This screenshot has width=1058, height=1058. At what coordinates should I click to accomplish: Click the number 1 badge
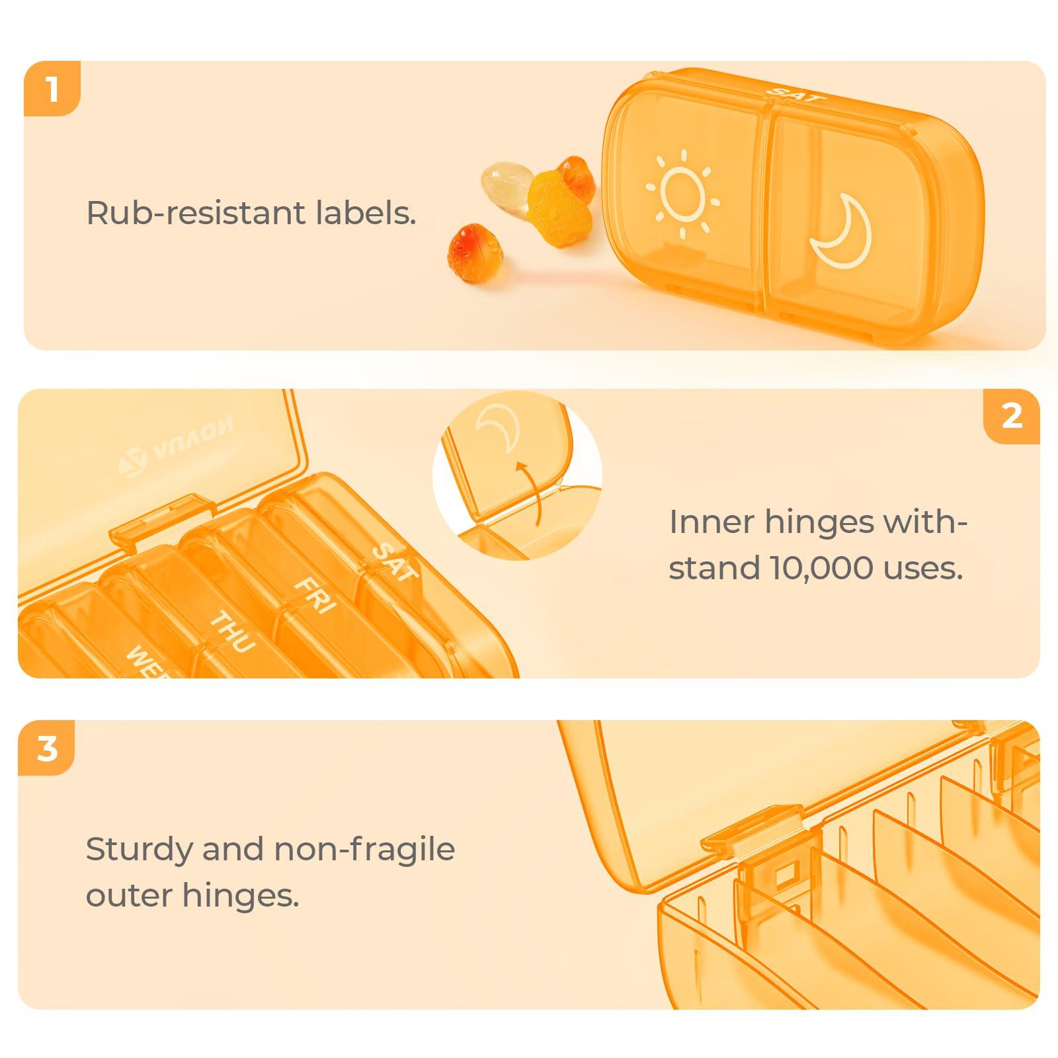pyautogui.click(x=52, y=89)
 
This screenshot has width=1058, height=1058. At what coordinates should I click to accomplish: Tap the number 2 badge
pyautogui.click(x=1012, y=416)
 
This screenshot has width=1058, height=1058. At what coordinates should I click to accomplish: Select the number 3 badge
pyautogui.click(x=46, y=749)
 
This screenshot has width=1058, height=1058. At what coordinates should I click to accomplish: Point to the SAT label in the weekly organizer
pyautogui.click(x=395, y=561)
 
